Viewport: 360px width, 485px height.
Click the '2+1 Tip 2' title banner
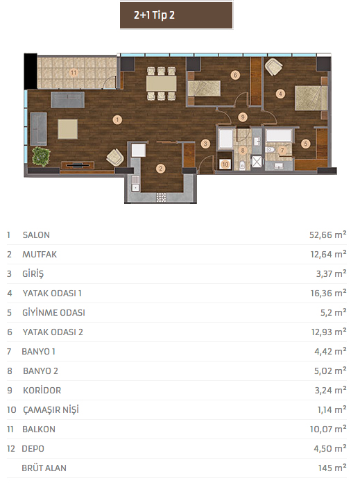click(176, 15)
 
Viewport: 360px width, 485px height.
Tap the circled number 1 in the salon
click(117, 120)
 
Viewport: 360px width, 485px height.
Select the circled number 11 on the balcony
click(74, 73)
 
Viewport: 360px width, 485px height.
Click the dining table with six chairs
click(161, 83)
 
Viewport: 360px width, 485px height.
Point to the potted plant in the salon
click(41, 157)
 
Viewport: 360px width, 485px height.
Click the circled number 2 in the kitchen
click(160, 169)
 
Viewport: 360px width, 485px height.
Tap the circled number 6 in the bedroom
click(235, 75)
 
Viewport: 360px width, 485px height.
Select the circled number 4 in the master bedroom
click(280, 94)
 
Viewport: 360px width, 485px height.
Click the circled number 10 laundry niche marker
click(225, 164)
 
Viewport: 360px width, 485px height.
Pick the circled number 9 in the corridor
click(243, 117)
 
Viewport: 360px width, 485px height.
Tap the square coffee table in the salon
click(68, 129)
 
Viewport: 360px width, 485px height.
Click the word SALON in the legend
click(36, 235)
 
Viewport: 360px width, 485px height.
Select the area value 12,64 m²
click(329, 254)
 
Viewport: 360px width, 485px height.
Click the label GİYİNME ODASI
click(53, 313)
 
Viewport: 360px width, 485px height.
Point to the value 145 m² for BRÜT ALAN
click(332, 468)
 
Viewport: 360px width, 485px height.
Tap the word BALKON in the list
click(39, 429)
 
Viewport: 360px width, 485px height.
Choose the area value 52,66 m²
click(328, 235)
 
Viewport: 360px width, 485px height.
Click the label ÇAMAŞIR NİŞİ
click(51, 410)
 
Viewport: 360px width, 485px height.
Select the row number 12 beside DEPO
click(11, 449)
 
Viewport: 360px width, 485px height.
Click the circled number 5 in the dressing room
click(306, 144)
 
